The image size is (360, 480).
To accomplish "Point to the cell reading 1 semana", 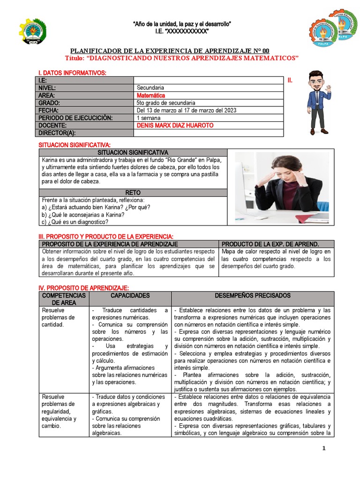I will (149, 118).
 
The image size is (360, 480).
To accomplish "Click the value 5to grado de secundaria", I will (166, 103).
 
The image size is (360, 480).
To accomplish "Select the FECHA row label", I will (49, 111).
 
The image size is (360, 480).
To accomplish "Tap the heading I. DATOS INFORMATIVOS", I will (72, 73).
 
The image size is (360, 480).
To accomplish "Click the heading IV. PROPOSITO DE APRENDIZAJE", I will (83, 287).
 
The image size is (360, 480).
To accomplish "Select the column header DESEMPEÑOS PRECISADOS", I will (253, 296).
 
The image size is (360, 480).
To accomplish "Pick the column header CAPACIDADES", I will (130, 296).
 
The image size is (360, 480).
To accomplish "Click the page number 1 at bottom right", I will (323, 449).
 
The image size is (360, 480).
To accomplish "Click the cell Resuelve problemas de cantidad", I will (57, 317).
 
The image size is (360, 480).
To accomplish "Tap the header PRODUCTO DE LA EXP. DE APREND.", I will (270, 244).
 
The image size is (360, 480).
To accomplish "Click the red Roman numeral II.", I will (290, 81).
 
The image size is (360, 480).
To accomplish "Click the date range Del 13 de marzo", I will (187, 111).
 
